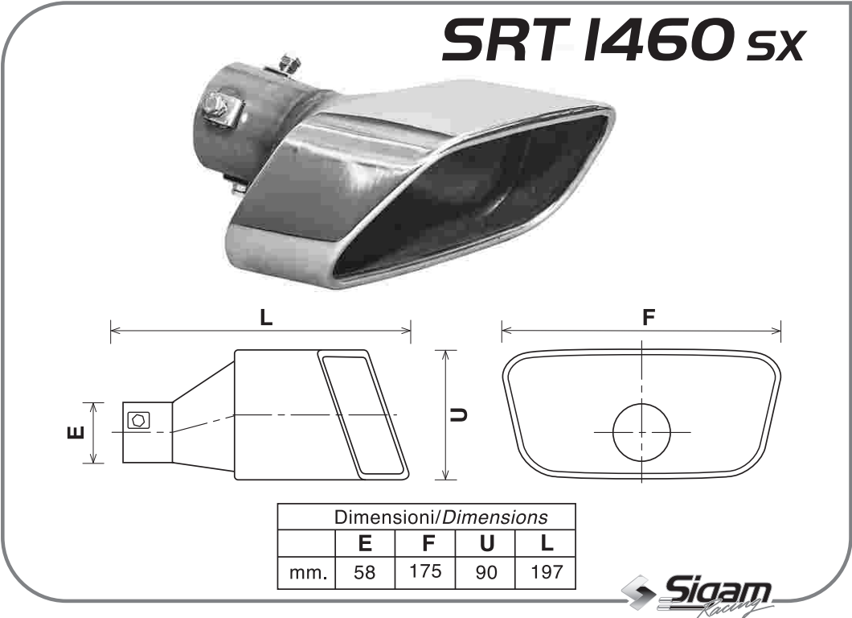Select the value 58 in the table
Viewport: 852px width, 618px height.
[x=365, y=573]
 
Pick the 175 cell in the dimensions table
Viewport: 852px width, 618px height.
[x=425, y=572]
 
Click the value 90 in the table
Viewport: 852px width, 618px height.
[x=486, y=573]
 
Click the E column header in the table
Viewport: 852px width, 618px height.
[x=365, y=543]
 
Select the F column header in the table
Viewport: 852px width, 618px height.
[x=425, y=543]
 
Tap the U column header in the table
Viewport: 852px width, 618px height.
[x=486, y=543]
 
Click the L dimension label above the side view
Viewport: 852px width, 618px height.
[x=266, y=318]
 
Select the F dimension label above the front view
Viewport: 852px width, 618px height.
[x=648, y=317]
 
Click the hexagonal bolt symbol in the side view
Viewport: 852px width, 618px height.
[x=137, y=419]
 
